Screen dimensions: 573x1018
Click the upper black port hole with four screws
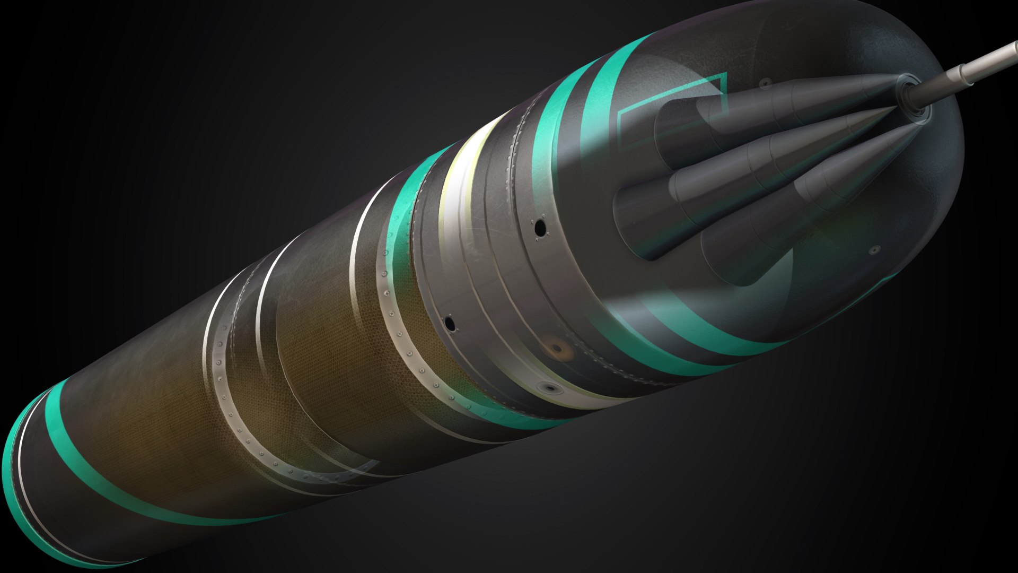pos(540,229)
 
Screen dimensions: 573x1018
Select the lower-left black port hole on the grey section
pos(450,323)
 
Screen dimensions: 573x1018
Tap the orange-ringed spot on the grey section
pos(557,349)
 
